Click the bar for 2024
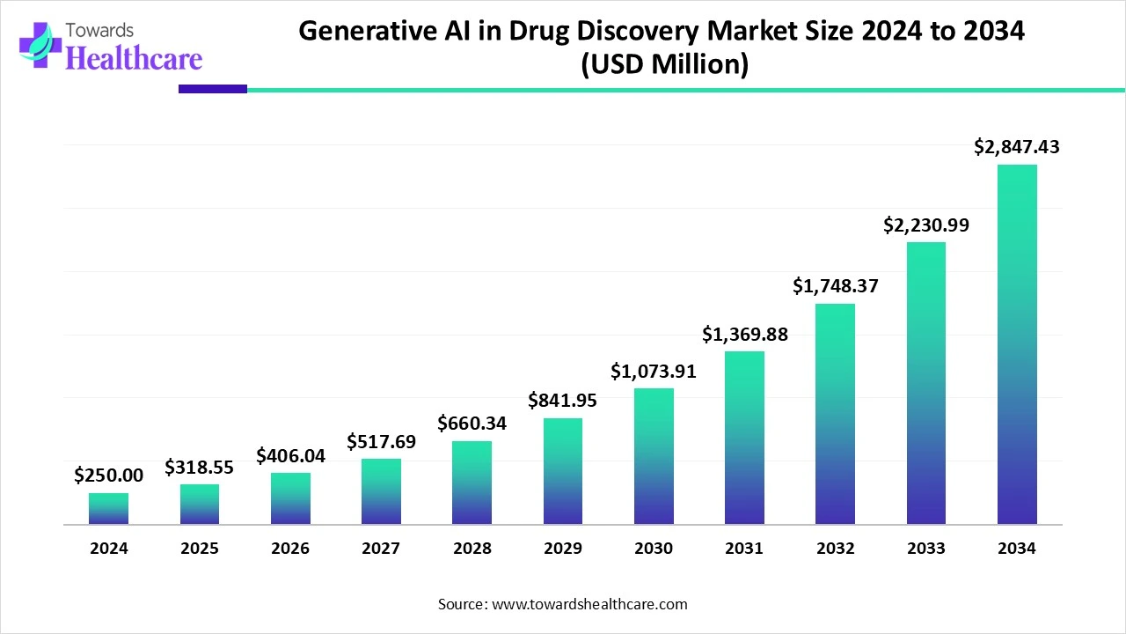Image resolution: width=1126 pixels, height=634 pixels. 108,509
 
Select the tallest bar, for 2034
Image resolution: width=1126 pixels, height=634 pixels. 1017,344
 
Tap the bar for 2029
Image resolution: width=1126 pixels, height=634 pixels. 563,471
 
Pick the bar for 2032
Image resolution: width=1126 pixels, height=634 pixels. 835,414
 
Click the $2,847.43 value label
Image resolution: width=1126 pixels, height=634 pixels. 1017,147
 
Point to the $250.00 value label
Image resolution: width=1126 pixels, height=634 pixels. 108,475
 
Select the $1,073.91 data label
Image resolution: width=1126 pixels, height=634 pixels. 654,371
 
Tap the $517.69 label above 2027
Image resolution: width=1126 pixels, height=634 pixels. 381,441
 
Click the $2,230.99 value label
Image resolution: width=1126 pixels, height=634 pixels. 926,225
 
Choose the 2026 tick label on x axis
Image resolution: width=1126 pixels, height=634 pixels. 290,548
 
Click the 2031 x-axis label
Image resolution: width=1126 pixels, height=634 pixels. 744,548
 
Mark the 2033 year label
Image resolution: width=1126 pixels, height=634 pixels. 926,548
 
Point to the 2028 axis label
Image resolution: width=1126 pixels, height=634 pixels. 472,548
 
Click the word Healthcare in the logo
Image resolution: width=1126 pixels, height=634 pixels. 134,58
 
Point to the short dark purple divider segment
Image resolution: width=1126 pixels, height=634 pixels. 212,88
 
